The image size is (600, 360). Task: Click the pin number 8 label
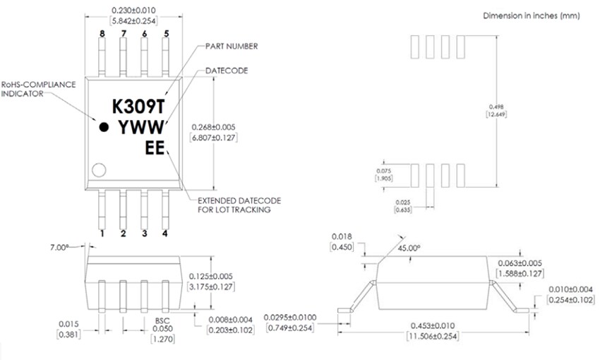pos(102,33)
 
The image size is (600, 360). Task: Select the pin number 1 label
pos(102,233)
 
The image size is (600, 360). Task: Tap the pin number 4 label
pos(165,233)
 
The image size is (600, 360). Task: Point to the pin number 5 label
pos(166,33)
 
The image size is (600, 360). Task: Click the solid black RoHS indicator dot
pos(104,128)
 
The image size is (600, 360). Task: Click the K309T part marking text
pos(138,106)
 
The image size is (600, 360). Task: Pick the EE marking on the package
pos(155,148)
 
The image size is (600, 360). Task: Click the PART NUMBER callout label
pos(231,46)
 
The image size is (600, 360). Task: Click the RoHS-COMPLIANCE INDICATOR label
pos(38,88)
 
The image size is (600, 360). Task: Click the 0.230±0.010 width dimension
pos(133,10)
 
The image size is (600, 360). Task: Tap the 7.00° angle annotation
pos(61,247)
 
